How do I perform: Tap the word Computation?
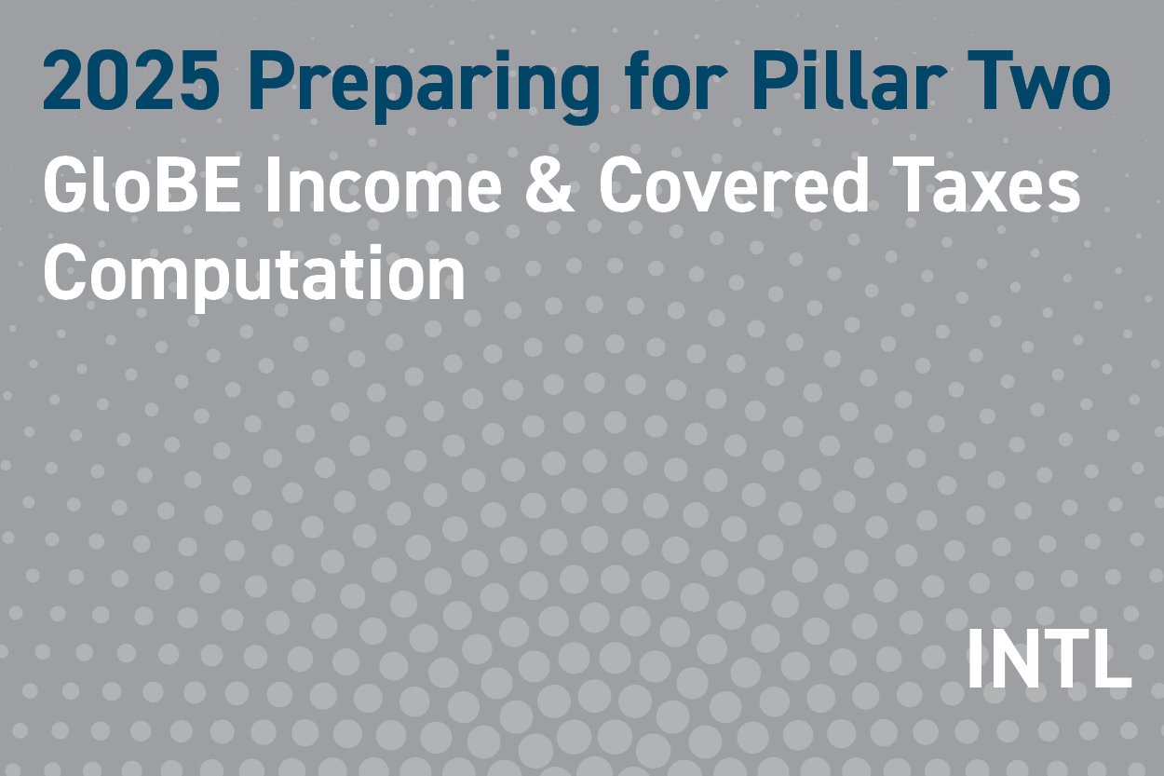253,273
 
